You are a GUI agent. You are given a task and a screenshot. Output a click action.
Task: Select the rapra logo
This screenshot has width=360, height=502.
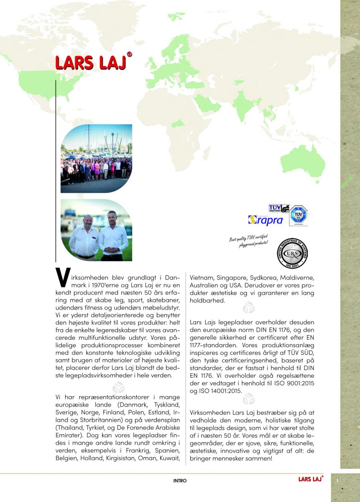[x=266, y=220]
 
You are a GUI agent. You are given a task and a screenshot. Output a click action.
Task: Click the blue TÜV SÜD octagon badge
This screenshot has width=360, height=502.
[x=299, y=216]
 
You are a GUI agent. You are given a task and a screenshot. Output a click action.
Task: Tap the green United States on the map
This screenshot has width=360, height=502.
[x=44, y=84]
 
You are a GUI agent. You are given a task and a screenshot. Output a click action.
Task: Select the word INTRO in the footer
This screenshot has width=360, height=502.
[x=180, y=481]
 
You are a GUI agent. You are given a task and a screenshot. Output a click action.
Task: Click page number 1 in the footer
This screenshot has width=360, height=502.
[x=337, y=481]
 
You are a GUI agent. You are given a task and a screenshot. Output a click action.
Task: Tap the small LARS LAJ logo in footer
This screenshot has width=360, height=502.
[x=310, y=479]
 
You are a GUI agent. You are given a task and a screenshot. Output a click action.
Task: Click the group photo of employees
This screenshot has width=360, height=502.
[x=96, y=159]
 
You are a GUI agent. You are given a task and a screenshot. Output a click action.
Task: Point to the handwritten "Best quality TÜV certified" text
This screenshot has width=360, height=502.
[x=249, y=241]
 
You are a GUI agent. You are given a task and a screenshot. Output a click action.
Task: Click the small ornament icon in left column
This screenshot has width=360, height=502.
[x=118, y=388]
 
